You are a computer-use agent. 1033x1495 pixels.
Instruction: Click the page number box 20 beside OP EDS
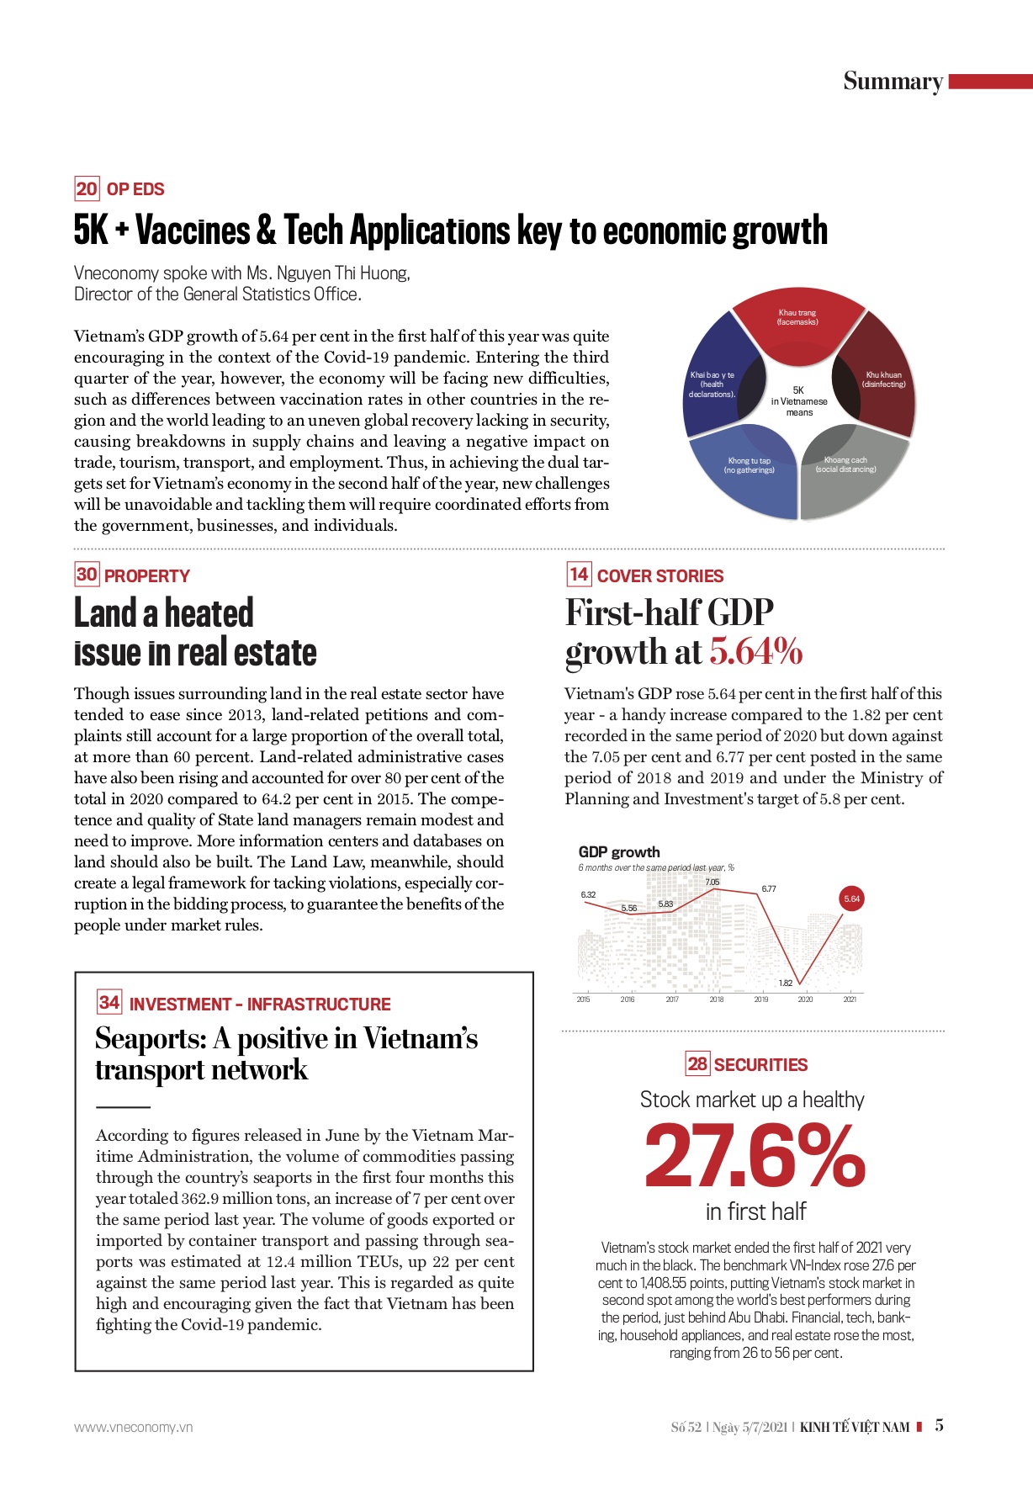click(87, 188)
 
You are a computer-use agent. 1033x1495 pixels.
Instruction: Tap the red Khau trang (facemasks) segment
click(797, 323)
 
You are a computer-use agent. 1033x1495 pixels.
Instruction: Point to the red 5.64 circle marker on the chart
click(851, 899)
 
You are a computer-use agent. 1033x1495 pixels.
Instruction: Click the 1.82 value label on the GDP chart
click(785, 983)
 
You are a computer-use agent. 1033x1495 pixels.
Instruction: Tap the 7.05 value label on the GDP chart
click(712, 882)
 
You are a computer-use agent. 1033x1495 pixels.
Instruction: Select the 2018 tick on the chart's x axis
click(716, 999)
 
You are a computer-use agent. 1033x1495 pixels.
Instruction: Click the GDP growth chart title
click(619, 851)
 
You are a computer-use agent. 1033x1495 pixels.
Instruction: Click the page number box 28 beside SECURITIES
click(697, 1063)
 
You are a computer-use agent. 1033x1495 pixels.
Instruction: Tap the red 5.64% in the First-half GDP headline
click(755, 651)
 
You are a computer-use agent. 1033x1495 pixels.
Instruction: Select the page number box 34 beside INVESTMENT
click(109, 1002)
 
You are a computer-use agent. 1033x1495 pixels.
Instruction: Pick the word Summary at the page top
click(893, 82)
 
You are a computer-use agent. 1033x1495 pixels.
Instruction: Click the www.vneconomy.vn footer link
click(133, 1427)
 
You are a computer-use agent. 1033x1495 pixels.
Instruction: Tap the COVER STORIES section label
click(660, 576)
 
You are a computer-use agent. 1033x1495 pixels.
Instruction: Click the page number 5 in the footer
click(939, 1425)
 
